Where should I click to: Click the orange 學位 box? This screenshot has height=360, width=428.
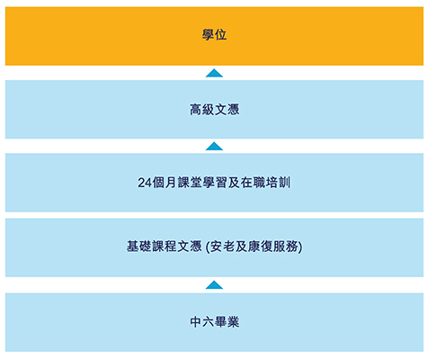(214, 36)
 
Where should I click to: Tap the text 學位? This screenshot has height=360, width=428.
(214, 34)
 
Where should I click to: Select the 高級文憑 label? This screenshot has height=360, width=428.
(214, 110)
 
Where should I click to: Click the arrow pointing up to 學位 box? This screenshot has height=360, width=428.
(214, 73)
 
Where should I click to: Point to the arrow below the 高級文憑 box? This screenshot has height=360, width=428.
(214, 146)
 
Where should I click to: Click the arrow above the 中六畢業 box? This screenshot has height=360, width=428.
(214, 285)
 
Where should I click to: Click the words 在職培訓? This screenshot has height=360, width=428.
(265, 183)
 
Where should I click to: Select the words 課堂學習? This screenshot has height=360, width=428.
(202, 183)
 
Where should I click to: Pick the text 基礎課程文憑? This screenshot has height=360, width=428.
(164, 247)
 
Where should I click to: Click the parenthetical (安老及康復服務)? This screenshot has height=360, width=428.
(254, 247)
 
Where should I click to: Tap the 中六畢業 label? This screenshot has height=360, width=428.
(215, 322)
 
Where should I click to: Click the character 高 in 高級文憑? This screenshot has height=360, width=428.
(196, 110)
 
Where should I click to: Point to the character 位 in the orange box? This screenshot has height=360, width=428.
(220, 34)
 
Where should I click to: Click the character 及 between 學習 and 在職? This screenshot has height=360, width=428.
(234, 183)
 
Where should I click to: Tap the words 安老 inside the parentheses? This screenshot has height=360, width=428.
(222, 247)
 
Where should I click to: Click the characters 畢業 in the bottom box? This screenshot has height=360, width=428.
(227, 322)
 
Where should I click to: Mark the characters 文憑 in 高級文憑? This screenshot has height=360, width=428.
(227, 110)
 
